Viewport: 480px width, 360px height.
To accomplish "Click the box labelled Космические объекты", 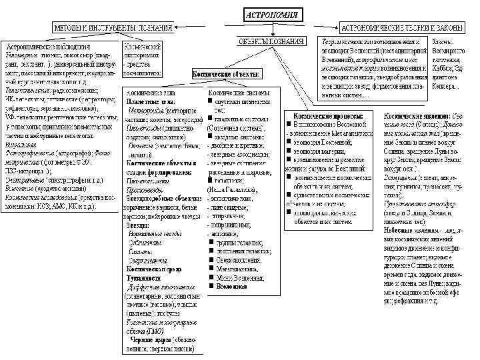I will [227, 73].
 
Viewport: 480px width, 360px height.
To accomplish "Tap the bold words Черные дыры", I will [147, 338].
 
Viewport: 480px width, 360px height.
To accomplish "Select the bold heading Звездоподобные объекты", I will [161, 196].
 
